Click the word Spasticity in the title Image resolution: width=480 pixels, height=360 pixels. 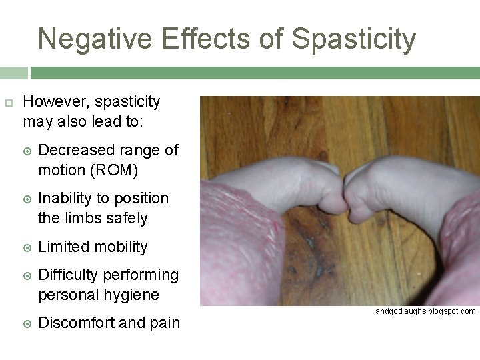point(354,39)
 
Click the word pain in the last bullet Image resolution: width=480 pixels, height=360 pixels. point(164,323)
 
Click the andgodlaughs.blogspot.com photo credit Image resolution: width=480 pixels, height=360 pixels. point(425,311)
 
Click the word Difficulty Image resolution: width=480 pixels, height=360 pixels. point(69,275)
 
